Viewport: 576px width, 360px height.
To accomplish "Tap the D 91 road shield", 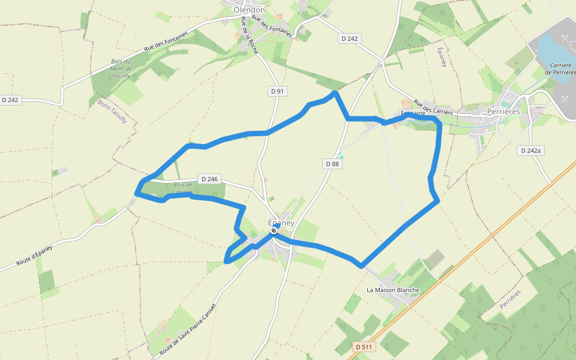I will (x=277, y=91).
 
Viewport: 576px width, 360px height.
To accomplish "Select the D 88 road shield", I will (x=332, y=163).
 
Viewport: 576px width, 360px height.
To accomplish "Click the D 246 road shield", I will (x=209, y=179).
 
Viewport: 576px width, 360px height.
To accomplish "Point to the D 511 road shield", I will (x=364, y=347).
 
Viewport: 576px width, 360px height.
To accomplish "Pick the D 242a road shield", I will (x=530, y=151).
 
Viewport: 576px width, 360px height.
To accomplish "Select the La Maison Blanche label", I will (x=393, y=290).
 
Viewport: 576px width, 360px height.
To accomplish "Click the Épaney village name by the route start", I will (x=281, y=223).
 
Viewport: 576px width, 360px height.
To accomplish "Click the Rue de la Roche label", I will (x=249, y=36).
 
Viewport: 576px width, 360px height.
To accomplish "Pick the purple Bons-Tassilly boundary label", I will (x=112, y=112).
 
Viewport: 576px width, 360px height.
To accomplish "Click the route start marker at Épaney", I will (x=274, y=230).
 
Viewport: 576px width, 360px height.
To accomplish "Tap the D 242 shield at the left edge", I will (x=11, y=100).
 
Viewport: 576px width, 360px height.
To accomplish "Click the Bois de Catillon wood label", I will (x=182, y=188).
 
